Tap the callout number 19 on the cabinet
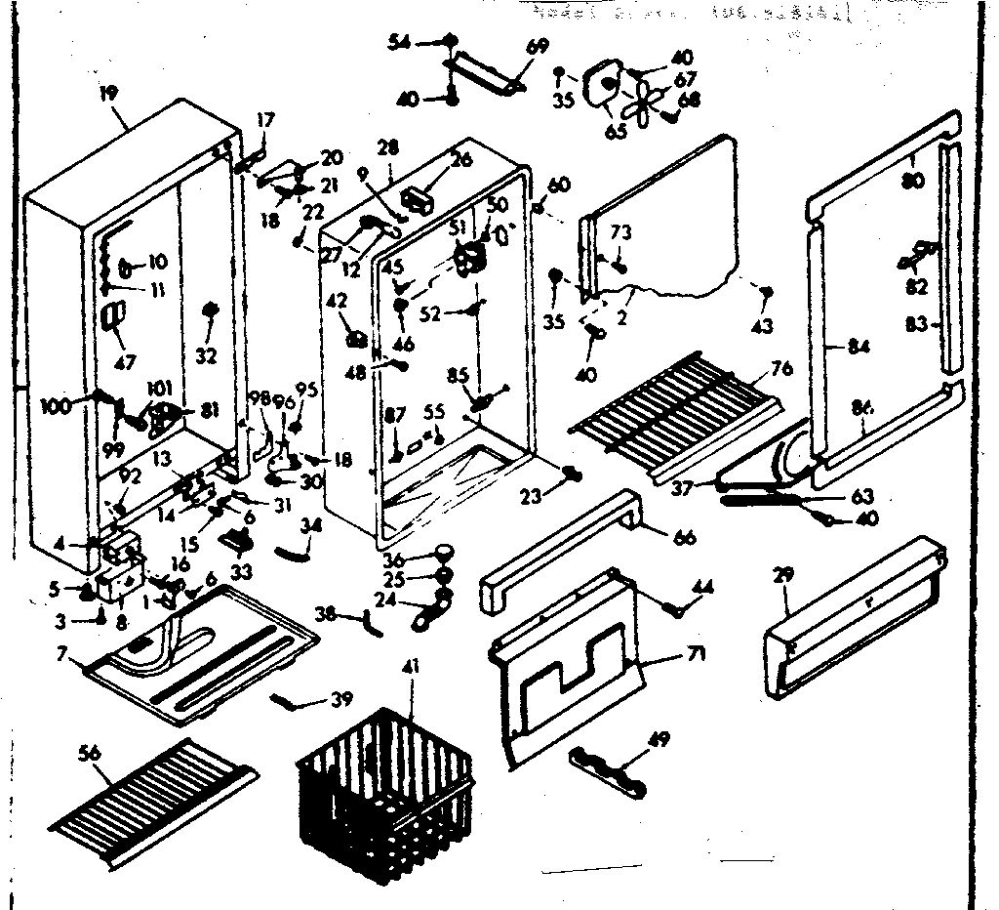[x=107, y=95]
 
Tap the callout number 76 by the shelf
[x=781, y=368]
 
